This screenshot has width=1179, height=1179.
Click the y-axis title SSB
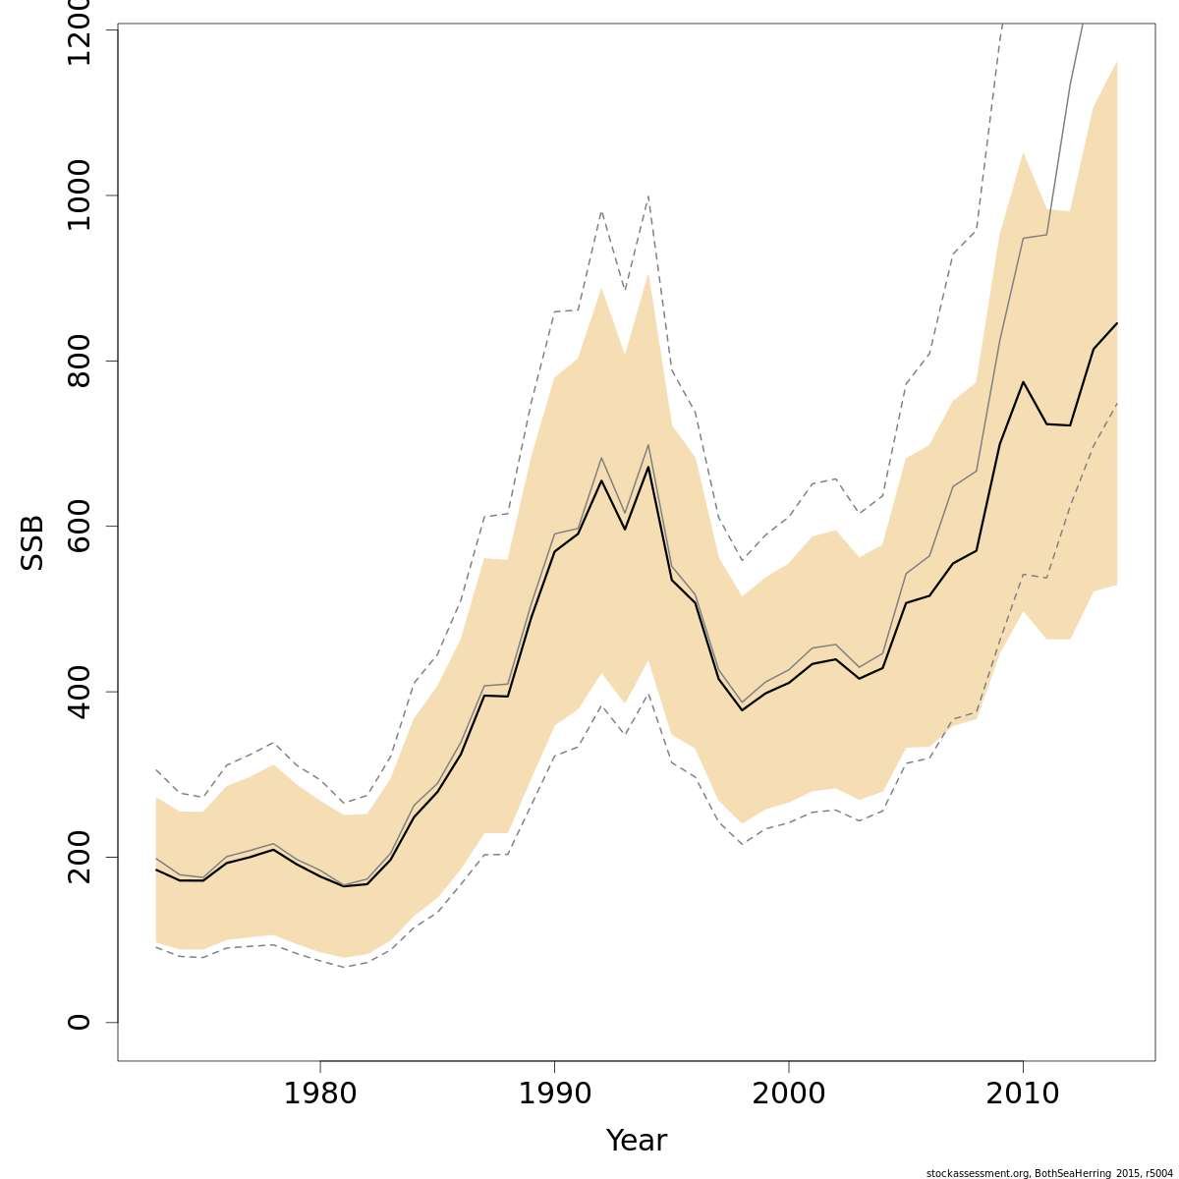32,543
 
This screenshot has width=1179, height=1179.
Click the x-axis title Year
636,1141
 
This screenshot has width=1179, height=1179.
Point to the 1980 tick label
320,1094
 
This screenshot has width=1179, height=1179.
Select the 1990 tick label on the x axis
554,1094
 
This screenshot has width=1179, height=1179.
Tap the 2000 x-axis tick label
789,1094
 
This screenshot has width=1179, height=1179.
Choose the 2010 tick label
1023,1094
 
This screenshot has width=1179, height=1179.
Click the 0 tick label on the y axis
79,1022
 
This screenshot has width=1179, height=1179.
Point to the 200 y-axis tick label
79,857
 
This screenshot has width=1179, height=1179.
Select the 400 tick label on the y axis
79,692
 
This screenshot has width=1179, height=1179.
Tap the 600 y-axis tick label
79,526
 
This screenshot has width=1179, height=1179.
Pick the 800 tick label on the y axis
79,361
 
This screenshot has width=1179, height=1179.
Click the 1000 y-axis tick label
79,196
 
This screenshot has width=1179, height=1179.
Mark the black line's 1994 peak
647,467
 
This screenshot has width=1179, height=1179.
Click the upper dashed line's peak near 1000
647,196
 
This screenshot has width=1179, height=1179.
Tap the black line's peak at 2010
1023,382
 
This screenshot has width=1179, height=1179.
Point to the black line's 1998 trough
742,709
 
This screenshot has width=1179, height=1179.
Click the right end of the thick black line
1117,323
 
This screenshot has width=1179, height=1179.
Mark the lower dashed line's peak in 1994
647,694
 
